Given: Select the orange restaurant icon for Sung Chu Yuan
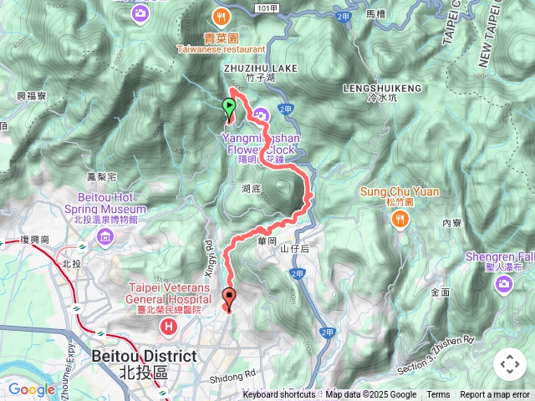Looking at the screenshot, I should pyautogui.click(x=400, y=218).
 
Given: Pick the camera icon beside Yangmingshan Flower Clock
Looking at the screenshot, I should pyautogui.click(x=262, y=115).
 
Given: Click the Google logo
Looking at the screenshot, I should pyautogui.click(x=31, y=389).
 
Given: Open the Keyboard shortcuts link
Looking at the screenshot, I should pyautogui.click(x=279, y=395).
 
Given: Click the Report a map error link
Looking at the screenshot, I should pyautogui.click(x=495, y=395).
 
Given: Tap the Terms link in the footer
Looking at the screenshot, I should pyautogui.click(x=438, y=395).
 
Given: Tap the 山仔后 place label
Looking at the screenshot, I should pyautogui.click(x=294, y=249).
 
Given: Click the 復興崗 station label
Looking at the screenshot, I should pyautogui.click(x=35, y=240).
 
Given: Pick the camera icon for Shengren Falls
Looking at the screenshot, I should pyautogui.click(x=504, y=286).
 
